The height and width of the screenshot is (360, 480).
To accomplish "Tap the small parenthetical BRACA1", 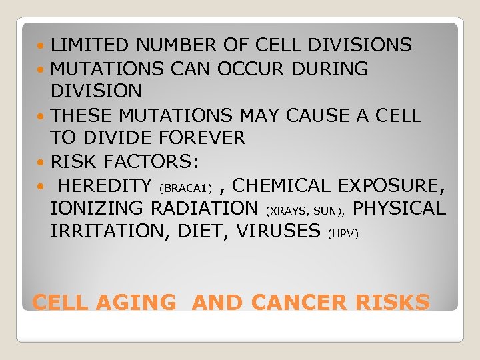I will click(185, 187).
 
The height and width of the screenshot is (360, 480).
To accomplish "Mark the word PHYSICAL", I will click(399, 209).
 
